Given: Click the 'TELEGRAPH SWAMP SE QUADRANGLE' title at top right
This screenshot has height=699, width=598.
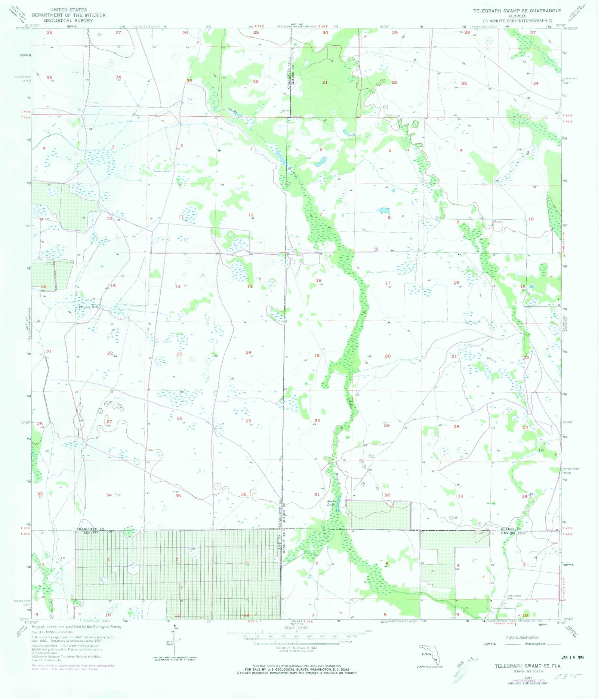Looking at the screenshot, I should coord(517,11).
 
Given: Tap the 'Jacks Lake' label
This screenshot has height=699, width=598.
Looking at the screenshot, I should coord(331,502).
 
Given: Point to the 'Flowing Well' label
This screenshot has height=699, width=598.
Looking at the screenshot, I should coord(89,307).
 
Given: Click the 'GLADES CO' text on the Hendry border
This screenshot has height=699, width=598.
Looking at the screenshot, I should coord(511,530).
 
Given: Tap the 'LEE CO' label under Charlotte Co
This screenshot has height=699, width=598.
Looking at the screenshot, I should coord(90,532).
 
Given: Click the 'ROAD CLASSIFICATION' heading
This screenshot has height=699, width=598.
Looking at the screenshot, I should coord(523,638).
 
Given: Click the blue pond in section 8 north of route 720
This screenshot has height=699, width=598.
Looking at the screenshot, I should coord(384,211).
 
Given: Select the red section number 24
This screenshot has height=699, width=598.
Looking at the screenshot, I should coord(249,352).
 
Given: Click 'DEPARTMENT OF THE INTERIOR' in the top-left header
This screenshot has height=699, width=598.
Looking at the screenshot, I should coord(69,15).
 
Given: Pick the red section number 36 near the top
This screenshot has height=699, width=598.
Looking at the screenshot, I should coord(256,82).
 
